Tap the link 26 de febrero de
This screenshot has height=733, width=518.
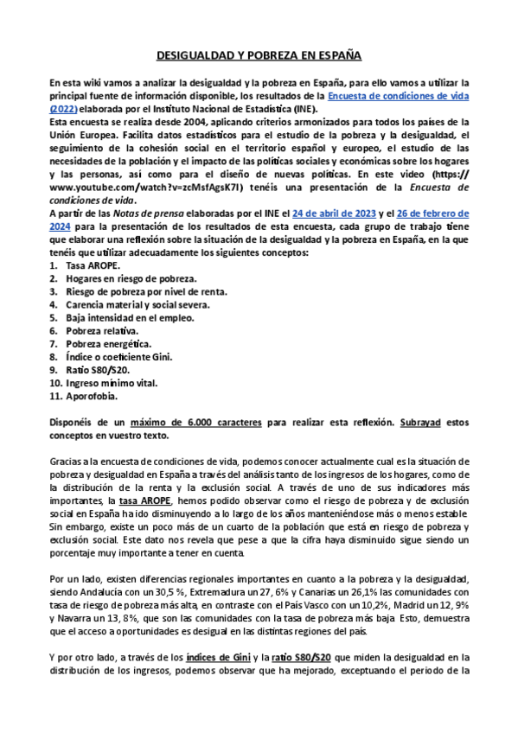click(x=424, y=214)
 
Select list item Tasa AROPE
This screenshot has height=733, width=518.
click(x=90, y=267)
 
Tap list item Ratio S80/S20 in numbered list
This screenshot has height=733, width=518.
click(x=97, y=370)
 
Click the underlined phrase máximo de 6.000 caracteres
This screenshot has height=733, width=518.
click(x=197, y=424)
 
